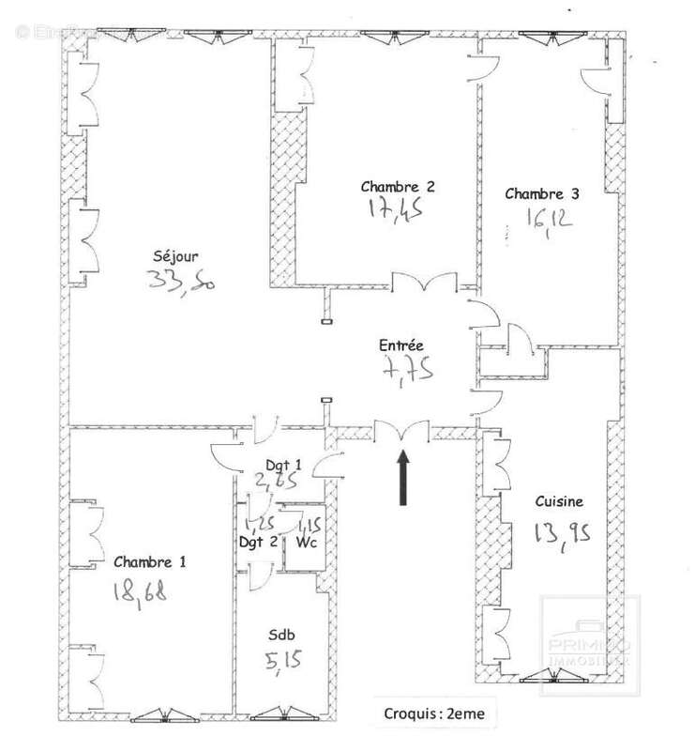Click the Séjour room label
175,255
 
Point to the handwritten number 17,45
391,208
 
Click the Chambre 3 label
541,194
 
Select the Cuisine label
559,501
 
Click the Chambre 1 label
150,562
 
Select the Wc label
306,542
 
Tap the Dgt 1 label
284,465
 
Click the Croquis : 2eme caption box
433,713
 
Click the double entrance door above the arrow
402,430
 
